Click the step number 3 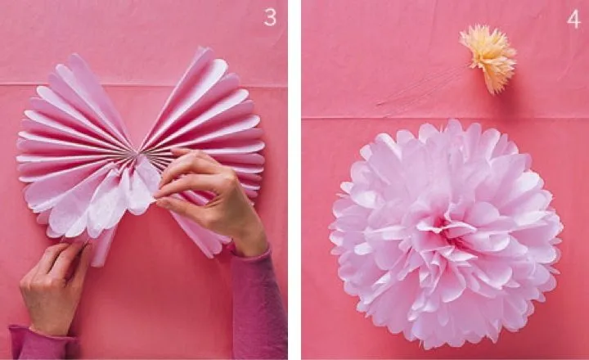click(x=269, y=17)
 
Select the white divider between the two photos click(x=294, y=180)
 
